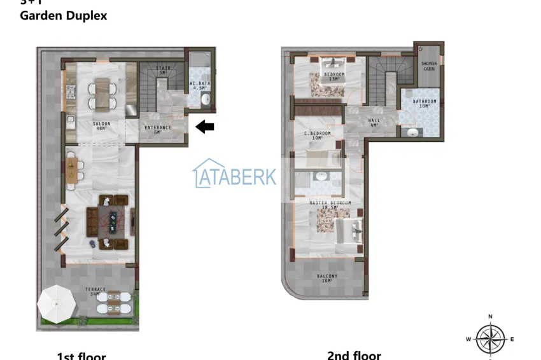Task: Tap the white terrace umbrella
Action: [57, 302]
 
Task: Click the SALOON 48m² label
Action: [101, 125]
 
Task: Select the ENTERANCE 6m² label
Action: [158, 129]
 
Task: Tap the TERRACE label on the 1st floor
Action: [96, 291]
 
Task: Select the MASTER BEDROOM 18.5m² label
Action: [330, 205]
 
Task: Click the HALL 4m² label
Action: [374, 122]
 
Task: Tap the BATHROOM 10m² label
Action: [425, 103]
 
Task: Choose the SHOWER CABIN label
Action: [429, 66]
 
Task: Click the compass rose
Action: [491, 339]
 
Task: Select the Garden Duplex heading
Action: [64, 16]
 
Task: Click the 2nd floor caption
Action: [354, 356]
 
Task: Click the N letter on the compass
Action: [490, 316]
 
